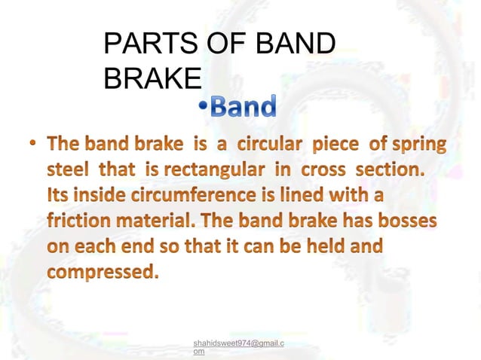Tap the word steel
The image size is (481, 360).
68,169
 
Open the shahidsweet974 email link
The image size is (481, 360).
238,344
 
